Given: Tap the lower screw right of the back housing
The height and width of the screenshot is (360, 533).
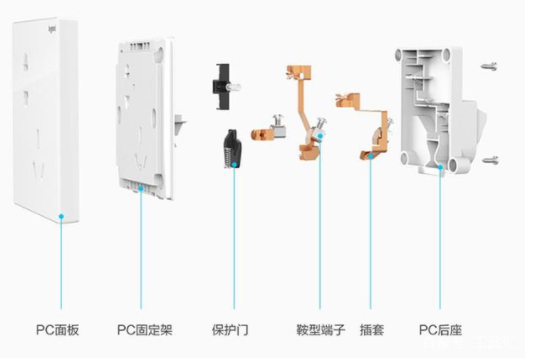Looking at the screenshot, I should (x=489, y=160).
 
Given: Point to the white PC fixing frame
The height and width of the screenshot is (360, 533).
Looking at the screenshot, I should (x=145, y=110).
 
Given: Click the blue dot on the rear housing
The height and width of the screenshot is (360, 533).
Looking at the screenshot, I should (x=441, y=171).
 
